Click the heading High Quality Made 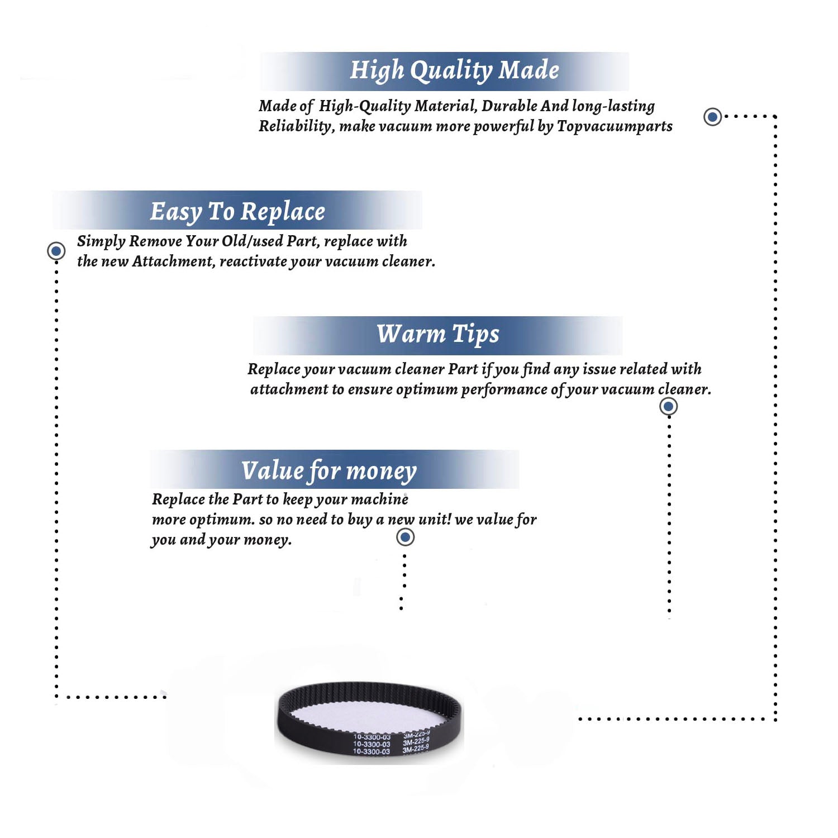tap(454, 71)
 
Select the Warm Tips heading tap(438, 334)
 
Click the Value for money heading tap(329, 471)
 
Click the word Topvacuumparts tap(615, 127)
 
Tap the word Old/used tap(252, 241)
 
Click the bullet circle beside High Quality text tap(712, 117)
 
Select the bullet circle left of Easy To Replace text tap(56, 251)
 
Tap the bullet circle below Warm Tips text tap(669, 406)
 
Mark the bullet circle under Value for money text tap(405, 537)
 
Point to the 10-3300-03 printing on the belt tap(372, 745)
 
